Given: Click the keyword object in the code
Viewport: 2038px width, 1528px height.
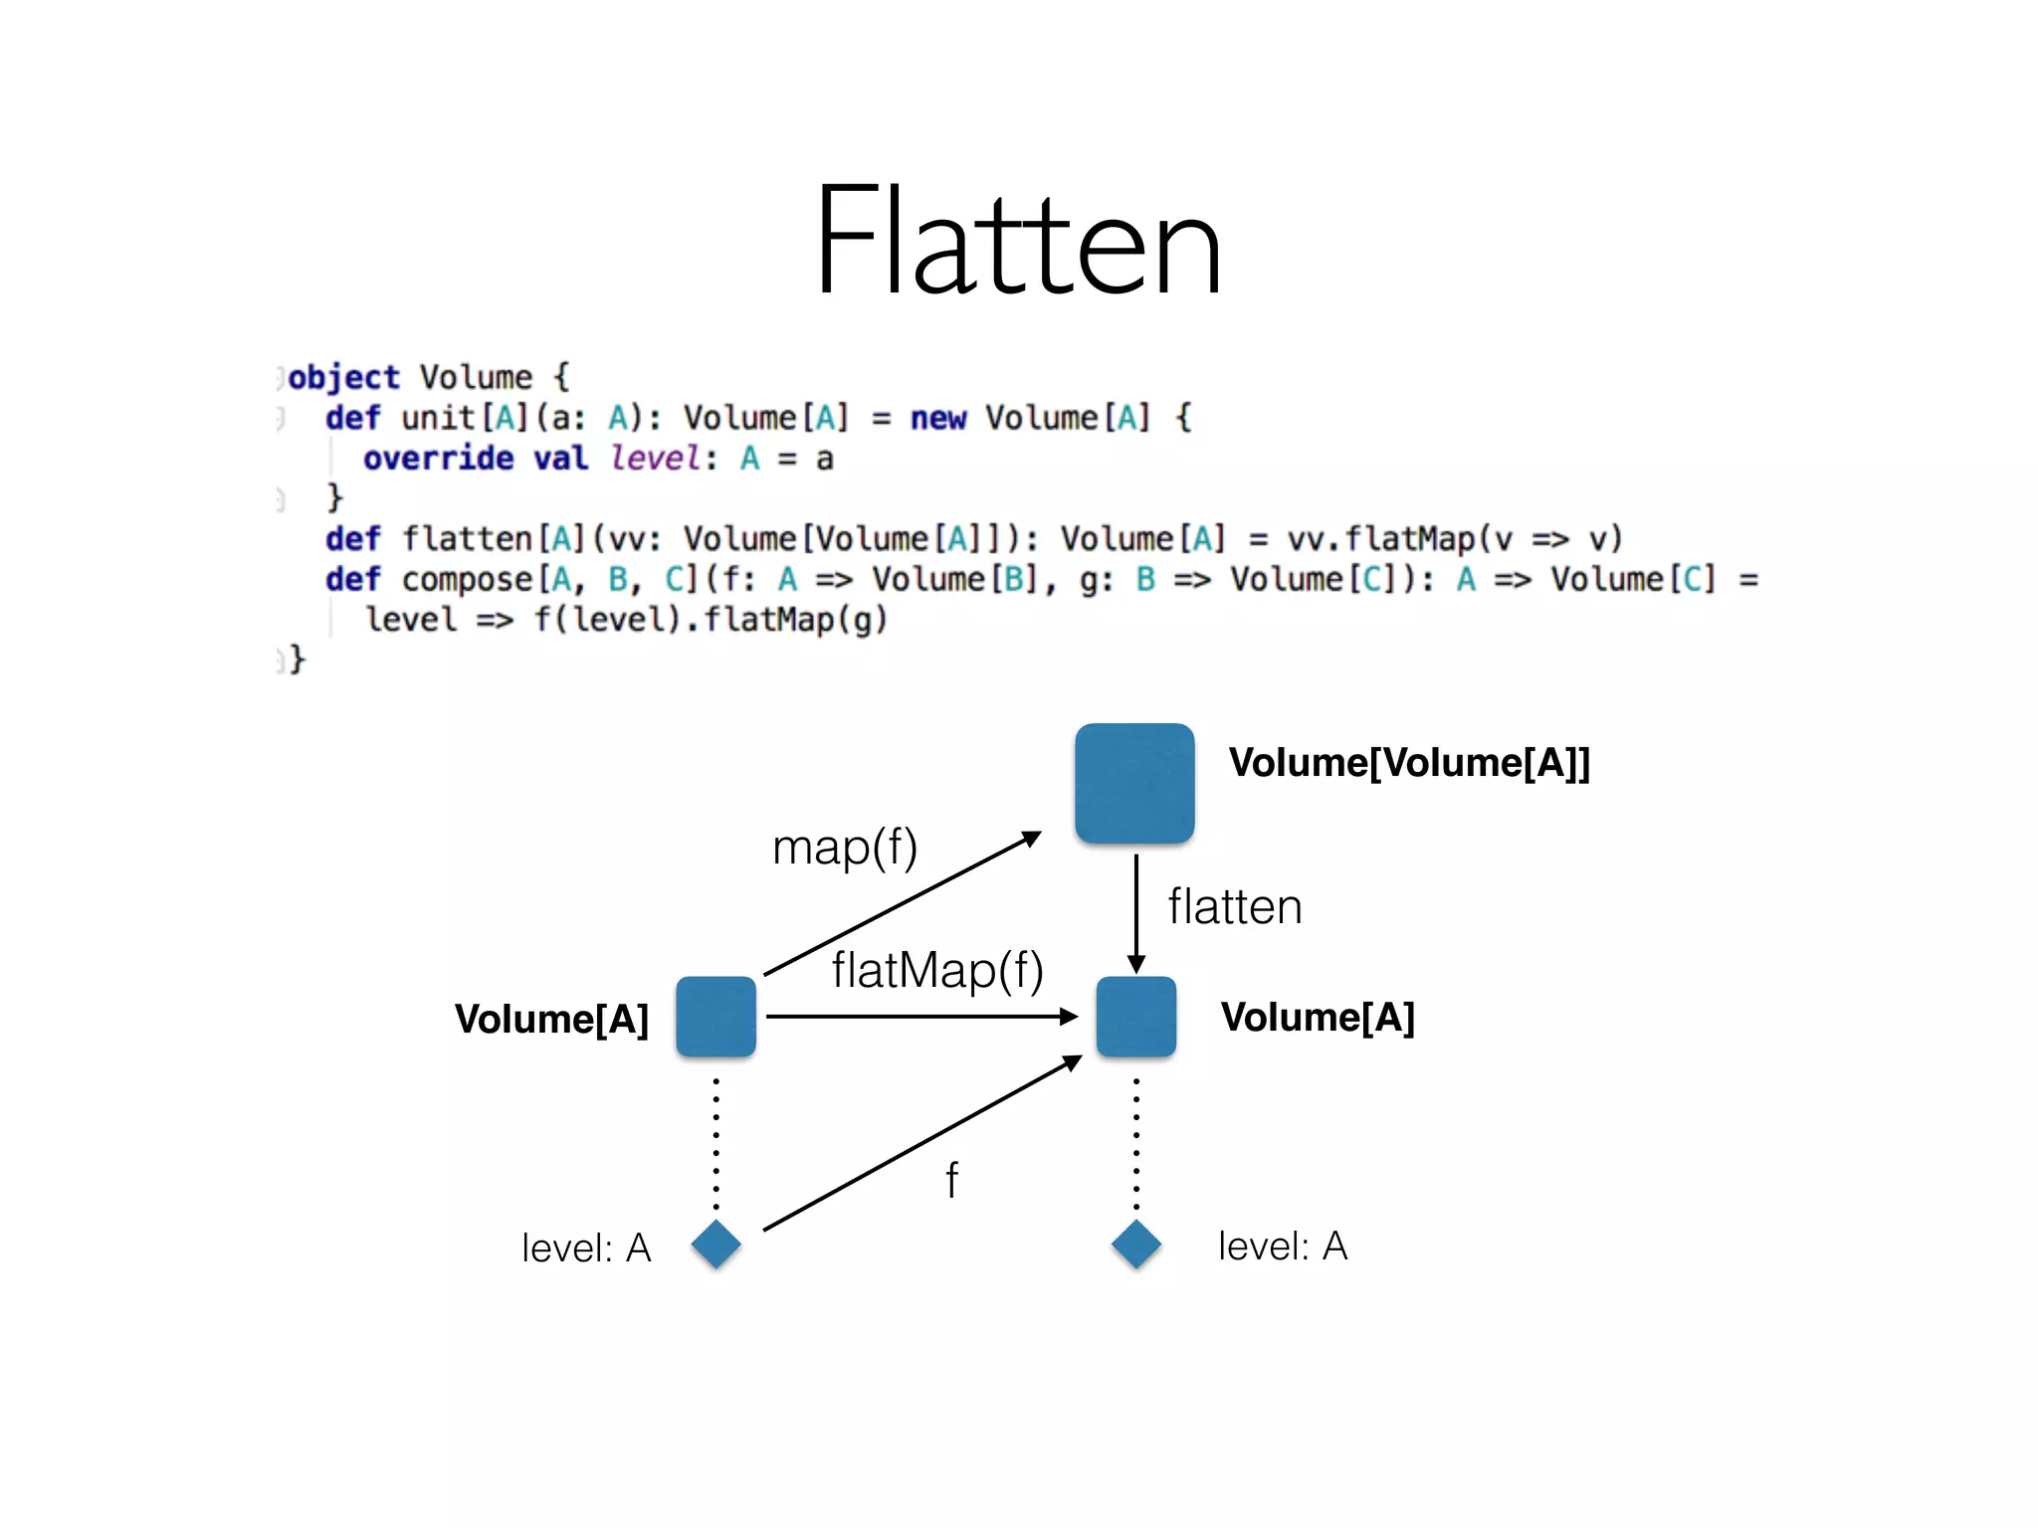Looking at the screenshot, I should point(343,378).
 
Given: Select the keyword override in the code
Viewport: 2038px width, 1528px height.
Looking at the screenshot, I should point(438,459).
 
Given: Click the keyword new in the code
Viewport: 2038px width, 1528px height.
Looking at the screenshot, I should point(937,418).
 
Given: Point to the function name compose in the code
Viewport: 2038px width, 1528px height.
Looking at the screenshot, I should point(467,580).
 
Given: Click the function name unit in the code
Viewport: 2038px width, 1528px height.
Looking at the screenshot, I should point(437,418).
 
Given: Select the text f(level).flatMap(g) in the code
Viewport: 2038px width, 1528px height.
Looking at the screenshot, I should point(710,620).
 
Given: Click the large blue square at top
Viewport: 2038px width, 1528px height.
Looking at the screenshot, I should point(1134,783).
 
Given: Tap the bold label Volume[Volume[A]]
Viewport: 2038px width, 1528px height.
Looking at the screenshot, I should point(1409,763).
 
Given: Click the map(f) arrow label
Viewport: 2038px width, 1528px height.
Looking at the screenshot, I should point(845,848).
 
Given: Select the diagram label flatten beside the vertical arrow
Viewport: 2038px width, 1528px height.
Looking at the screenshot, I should point(1234,906).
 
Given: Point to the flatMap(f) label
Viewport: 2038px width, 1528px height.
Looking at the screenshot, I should point(937,970).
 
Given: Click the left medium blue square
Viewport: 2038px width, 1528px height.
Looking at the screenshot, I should point(715,1016).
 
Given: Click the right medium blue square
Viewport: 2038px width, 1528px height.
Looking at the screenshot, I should point(1135,1016).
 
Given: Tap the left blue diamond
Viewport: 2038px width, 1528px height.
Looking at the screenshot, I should point(716,1243).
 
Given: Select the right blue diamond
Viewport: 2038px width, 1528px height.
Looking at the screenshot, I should point(1136,1243).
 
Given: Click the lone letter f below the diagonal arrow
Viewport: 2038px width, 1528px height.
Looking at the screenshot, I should point(952,1181).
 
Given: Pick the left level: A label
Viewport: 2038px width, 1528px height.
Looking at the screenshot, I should point(586,1247).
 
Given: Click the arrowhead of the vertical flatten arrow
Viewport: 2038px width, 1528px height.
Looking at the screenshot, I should point(1135,964).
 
